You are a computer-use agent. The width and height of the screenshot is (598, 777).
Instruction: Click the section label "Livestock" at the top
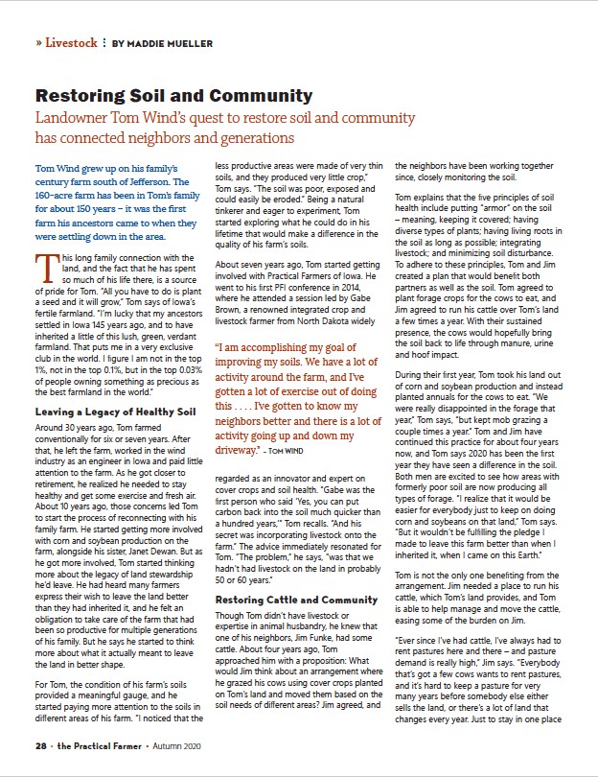pos(72,43)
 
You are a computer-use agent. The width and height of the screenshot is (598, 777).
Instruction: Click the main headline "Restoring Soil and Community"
pos(173,96)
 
